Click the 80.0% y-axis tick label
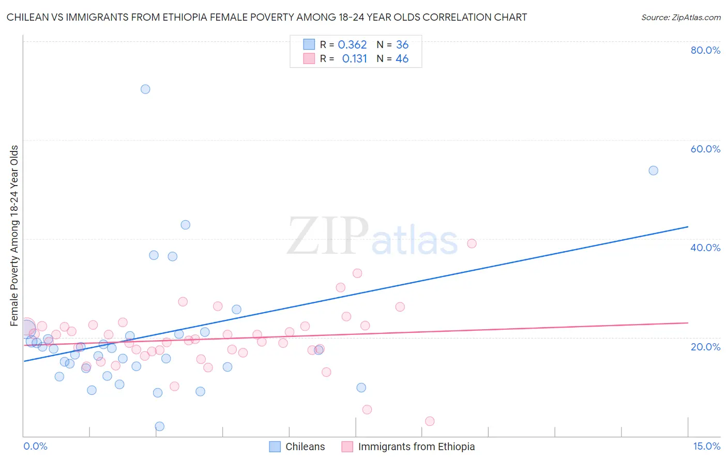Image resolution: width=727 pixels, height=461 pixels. click(x=705, y=50)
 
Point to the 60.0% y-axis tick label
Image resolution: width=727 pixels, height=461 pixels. click(x=705, y=149)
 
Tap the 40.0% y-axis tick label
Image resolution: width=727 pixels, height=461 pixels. click(x=705, y=248)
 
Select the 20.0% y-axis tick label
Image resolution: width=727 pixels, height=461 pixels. click(x=705, y=346)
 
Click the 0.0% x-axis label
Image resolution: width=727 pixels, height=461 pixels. click(x=35, y=446)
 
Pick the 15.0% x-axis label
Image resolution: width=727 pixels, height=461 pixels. click(x=706, y=446)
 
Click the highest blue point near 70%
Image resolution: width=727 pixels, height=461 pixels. click(x=145, y=89)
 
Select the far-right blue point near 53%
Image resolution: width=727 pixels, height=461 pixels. click(x=653, y=171)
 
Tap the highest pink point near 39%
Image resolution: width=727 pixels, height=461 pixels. click(x=472, y=243)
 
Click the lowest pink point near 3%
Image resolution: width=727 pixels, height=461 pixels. click(x=430, y=421)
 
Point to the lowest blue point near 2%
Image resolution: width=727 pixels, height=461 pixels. click(x=160, y=426)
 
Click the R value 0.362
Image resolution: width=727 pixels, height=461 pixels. click(x=352, y=45)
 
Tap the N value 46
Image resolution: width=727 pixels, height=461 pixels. click(x=402, y=59)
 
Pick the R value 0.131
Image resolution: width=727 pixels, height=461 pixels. click(x=354, y=59)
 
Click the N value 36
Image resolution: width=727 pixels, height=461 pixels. click(x=402, y=45)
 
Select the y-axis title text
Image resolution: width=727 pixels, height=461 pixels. click(x=14, y=236)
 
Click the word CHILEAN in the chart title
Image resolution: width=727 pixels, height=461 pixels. click(x=26, y=18)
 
